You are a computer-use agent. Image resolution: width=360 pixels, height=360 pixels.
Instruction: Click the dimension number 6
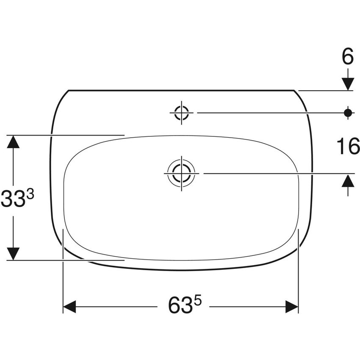tap(348, 56)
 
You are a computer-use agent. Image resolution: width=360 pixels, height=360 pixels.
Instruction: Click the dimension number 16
tap(348, 146)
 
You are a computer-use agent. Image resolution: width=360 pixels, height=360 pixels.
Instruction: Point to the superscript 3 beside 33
tap(30, 195)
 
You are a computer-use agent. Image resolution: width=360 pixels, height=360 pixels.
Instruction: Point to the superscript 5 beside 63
tap(198, 301)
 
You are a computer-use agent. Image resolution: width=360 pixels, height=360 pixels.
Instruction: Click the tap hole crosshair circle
tap(182, 113)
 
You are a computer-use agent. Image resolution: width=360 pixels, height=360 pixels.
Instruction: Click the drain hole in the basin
tap(182, 173)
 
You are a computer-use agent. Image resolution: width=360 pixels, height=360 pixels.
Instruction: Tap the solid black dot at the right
tap(348, 113)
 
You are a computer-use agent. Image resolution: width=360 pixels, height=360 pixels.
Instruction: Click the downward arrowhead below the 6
tap(348, 84)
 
